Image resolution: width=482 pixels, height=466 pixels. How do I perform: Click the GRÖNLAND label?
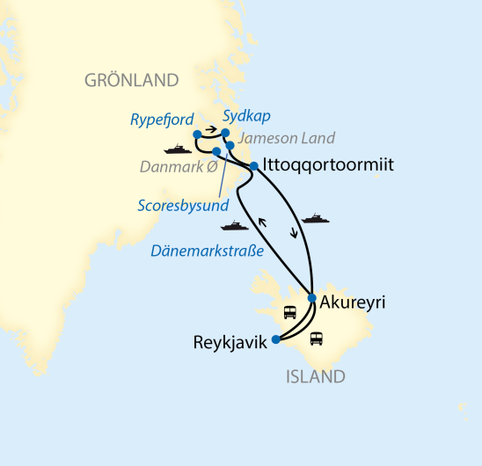(131, 81)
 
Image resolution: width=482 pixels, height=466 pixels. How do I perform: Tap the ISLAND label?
(315, 377)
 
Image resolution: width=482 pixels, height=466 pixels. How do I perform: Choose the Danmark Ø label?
(179, 165)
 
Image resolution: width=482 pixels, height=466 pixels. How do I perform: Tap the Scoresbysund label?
(182, 205)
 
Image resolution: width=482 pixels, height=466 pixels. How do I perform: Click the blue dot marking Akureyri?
(312, 298)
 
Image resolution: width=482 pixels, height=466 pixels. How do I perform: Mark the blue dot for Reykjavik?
(276, 339)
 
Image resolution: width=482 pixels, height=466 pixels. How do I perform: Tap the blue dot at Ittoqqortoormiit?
(253, 165)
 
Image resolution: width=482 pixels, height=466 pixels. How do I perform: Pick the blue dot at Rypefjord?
(197, 135)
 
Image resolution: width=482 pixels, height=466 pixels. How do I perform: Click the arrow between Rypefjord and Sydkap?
(212, 129)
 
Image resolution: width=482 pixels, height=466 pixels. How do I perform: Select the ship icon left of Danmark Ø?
(178, 149)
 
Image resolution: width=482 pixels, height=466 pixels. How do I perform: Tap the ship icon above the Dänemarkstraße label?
(235, 225)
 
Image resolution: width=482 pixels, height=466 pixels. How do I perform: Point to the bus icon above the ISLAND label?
(316, 338)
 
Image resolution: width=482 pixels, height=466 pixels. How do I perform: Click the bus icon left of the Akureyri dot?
(288, 311)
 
